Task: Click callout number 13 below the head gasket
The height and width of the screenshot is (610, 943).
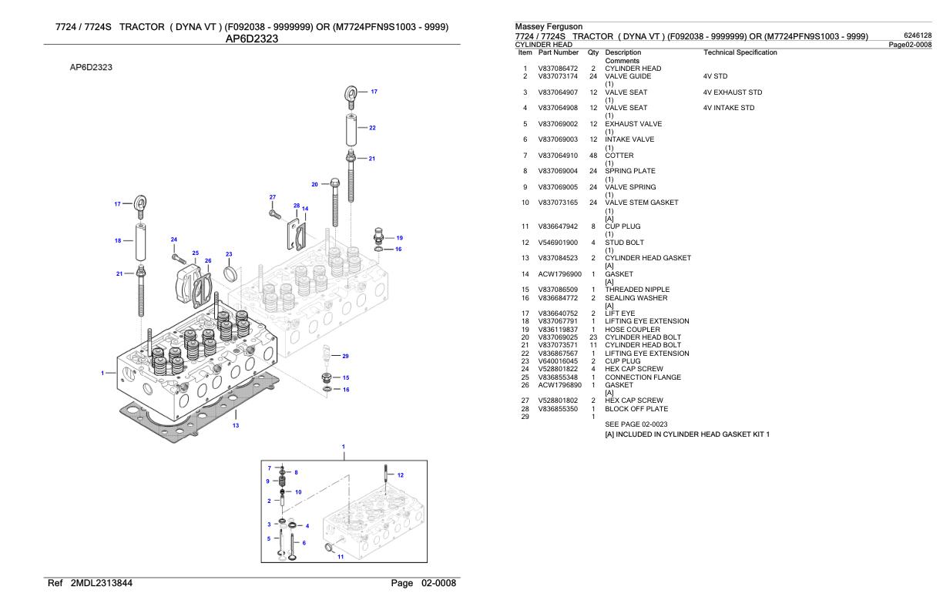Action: pos(236,425)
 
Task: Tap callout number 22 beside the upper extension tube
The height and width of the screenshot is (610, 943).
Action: pos(372,128)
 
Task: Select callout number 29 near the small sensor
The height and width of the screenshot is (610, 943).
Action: pos(345,356)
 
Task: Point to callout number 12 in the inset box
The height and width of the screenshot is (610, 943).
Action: pos(401,475)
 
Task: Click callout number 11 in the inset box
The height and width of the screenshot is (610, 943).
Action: pos(341,557)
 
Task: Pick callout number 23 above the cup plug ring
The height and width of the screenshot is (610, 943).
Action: pos(229,254)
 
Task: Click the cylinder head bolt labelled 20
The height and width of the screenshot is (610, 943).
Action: pos(335,202)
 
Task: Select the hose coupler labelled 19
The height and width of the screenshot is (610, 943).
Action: pos(378,236)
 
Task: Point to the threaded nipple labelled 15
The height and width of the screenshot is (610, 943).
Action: pos(326,377)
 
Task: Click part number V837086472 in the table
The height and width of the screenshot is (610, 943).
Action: pos(558,69)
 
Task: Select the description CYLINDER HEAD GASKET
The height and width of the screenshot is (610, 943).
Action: pos(648,258)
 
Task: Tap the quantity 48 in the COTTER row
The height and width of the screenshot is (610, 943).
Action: pos(593,156)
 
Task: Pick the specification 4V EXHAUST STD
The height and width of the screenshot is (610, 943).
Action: pos(733,92)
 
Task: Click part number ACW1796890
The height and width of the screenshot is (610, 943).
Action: pos(559,385)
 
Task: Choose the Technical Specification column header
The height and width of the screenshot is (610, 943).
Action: pos(740,52)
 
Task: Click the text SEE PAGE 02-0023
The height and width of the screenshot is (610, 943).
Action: pos(636,424)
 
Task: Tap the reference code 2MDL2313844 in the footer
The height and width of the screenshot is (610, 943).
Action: pos(102,583)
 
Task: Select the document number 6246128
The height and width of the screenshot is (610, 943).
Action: pos(918,35)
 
